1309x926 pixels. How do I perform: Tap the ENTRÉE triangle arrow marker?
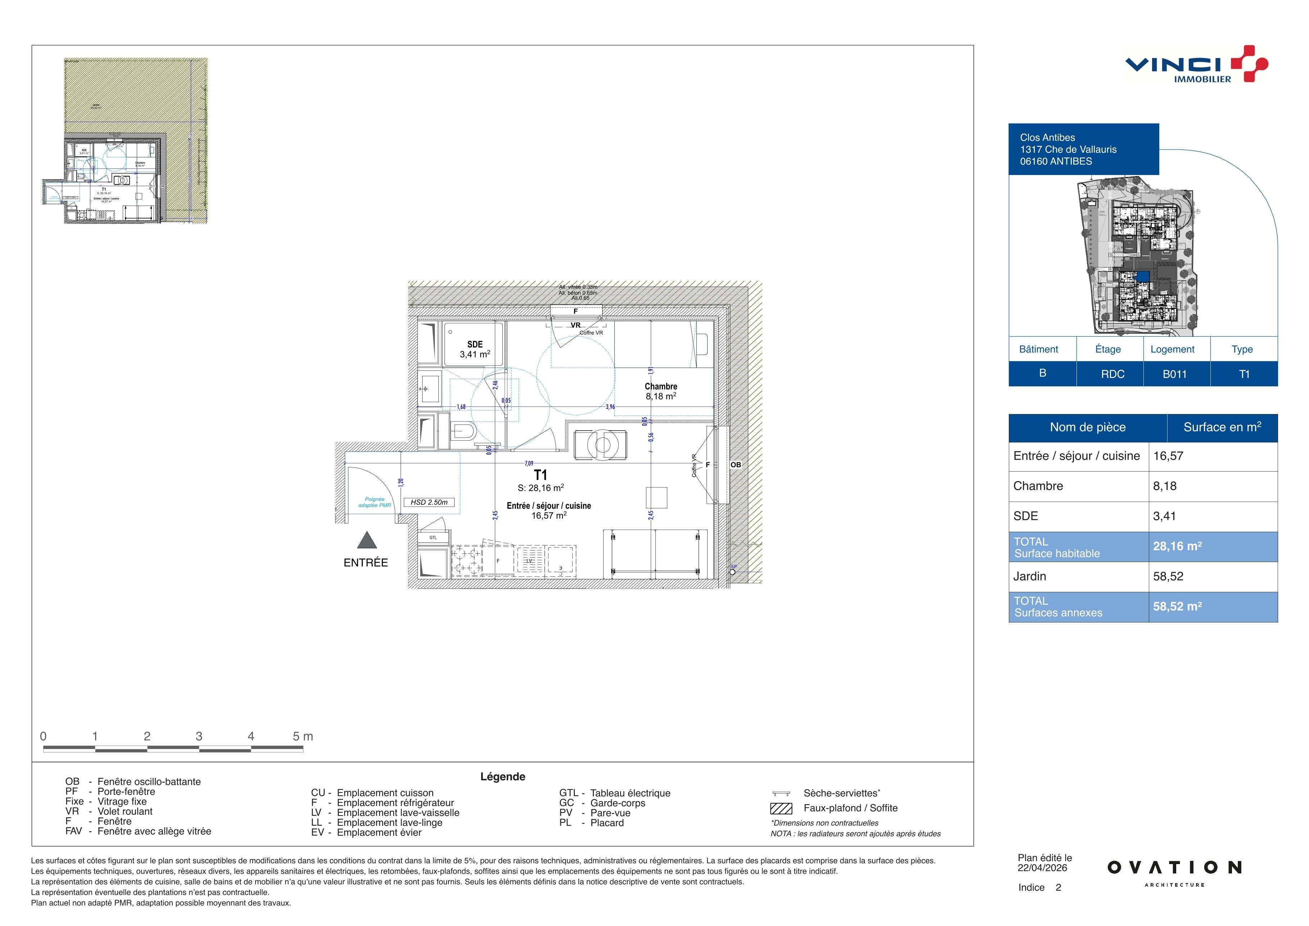pyautogui.click(x=367, y=540)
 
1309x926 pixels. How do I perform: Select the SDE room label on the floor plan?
pyautogui.click(x=475, y=345)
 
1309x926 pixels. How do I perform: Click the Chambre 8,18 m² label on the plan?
pyautogui.click(x=661, y=391)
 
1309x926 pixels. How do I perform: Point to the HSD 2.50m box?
pyautogui.click(x=429, y=502)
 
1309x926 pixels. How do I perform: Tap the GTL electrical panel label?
pyautogui.click(x=433, y=538)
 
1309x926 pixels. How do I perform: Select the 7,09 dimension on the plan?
pyautogui.click(x=529, y=464)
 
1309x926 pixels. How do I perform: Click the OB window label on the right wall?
pyautogui.click(x=736, y=465)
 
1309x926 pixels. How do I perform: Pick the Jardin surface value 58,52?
pyautogui.click(x=1168, y=576)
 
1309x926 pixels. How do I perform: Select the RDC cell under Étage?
pyautogui.click(x=1112, y=374)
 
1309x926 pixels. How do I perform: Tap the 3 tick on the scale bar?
pyautogui.click(x=199, y=736)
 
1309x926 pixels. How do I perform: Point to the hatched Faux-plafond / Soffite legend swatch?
pyautogui.click(x=781, y=809)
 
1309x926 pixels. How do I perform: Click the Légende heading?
pyautogui.click(x=502, y=777)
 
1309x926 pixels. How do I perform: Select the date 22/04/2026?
pyautogui.click(x=1042, y=868)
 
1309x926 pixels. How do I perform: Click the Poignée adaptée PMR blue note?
pyautogui.click(x=375, y=502)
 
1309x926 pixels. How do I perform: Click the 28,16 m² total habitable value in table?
pyautogui.click(x=1177, y=546)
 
